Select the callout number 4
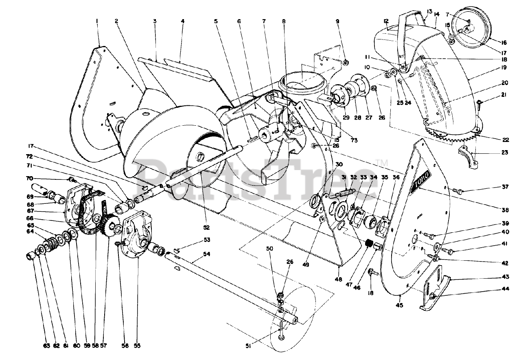click(183, 21)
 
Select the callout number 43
click(505, 277)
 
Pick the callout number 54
click(207, 254)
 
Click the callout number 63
click(35, 346)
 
